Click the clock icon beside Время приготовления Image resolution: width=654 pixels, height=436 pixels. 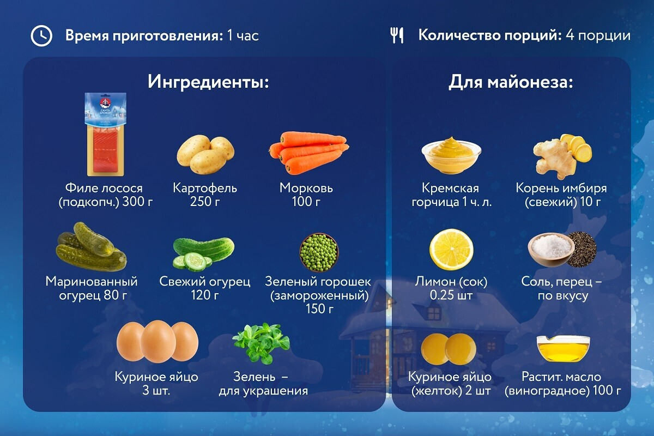click(x=41, y=35)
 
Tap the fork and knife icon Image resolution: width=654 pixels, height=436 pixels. click(x=397, y=35)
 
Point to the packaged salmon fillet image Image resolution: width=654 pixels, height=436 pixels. click(x=106, y=134)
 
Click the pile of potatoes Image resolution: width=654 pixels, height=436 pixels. click(x=205, y=154)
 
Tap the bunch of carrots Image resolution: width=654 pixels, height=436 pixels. click(x=309, y=153)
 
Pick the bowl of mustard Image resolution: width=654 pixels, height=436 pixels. click(x=451, y=156)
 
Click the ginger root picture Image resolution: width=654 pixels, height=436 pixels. click(x=562, y=156)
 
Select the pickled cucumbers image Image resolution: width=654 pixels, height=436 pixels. click(x=92, y=247)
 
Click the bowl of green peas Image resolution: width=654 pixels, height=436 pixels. click(x=319, y=252)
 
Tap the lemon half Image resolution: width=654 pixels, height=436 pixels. click(x=451, y=250)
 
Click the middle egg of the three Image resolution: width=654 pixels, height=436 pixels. click(x=158, y=341)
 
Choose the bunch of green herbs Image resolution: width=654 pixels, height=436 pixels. click(x=261, y=343)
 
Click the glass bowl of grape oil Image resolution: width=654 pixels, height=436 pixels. click(x=563, y=349)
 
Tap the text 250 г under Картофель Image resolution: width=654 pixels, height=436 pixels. click(x=205, y=202)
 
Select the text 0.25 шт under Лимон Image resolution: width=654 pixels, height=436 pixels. click(x=451, y=295)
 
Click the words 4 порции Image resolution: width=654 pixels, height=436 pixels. click(x=598, y=35)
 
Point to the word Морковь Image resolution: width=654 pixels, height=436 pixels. click(x=306, y=188)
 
